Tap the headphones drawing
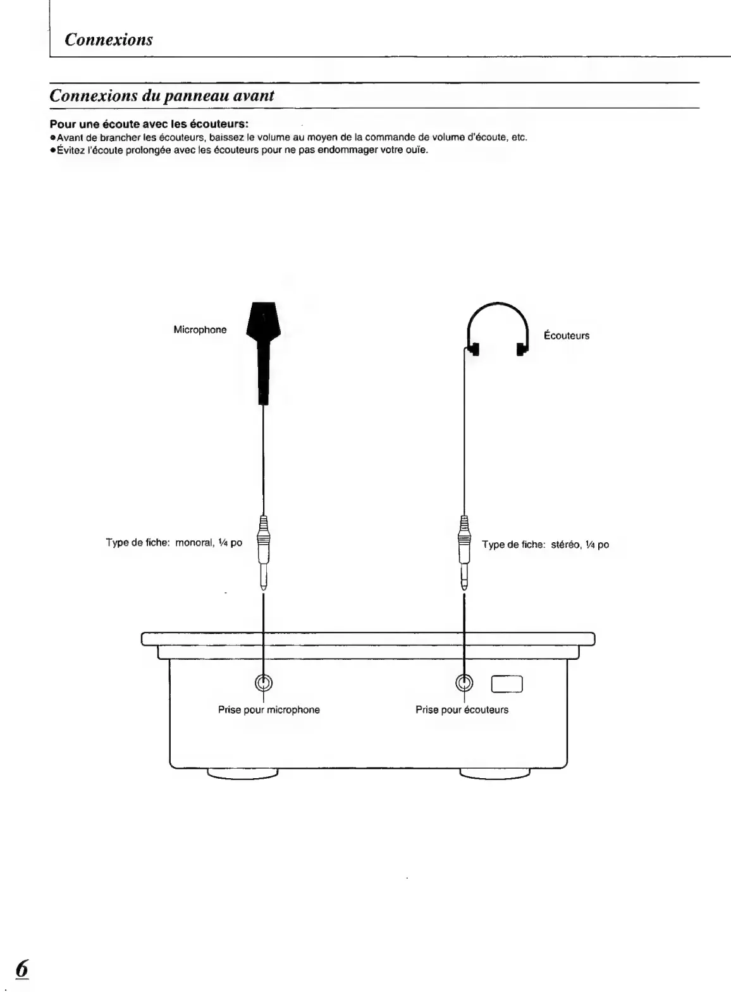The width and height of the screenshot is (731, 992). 497,329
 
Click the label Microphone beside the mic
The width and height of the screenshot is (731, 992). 200,330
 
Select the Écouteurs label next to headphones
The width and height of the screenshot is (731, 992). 567,335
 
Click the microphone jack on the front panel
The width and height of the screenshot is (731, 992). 263,683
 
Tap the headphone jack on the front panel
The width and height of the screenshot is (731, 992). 465,683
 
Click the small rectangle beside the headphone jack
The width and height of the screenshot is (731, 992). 507,685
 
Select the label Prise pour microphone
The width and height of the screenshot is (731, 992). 269,710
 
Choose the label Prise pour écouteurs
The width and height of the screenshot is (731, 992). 462,710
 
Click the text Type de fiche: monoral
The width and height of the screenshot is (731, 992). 174,543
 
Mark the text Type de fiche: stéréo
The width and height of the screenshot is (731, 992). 545,544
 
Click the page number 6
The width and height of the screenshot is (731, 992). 23,967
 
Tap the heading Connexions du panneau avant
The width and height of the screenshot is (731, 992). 162,96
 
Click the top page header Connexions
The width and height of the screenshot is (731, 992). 109,40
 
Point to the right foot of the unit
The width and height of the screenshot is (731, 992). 494,774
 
